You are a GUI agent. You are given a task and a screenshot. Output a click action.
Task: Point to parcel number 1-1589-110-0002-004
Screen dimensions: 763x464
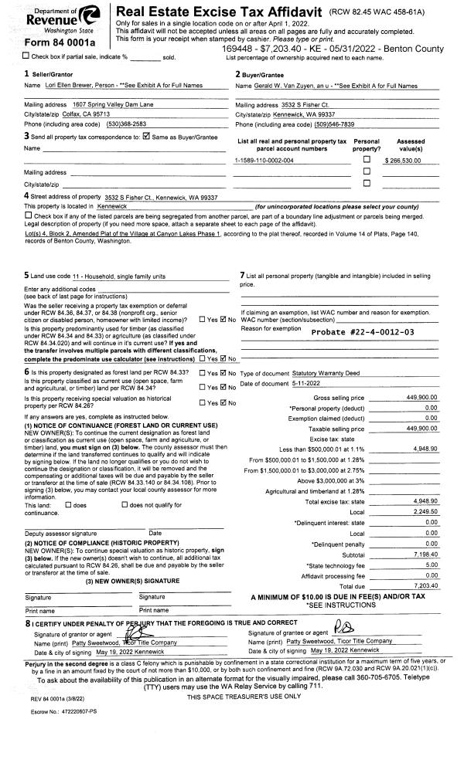(264, 160)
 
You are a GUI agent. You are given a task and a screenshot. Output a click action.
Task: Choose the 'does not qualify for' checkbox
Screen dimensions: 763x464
(125, 505)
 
